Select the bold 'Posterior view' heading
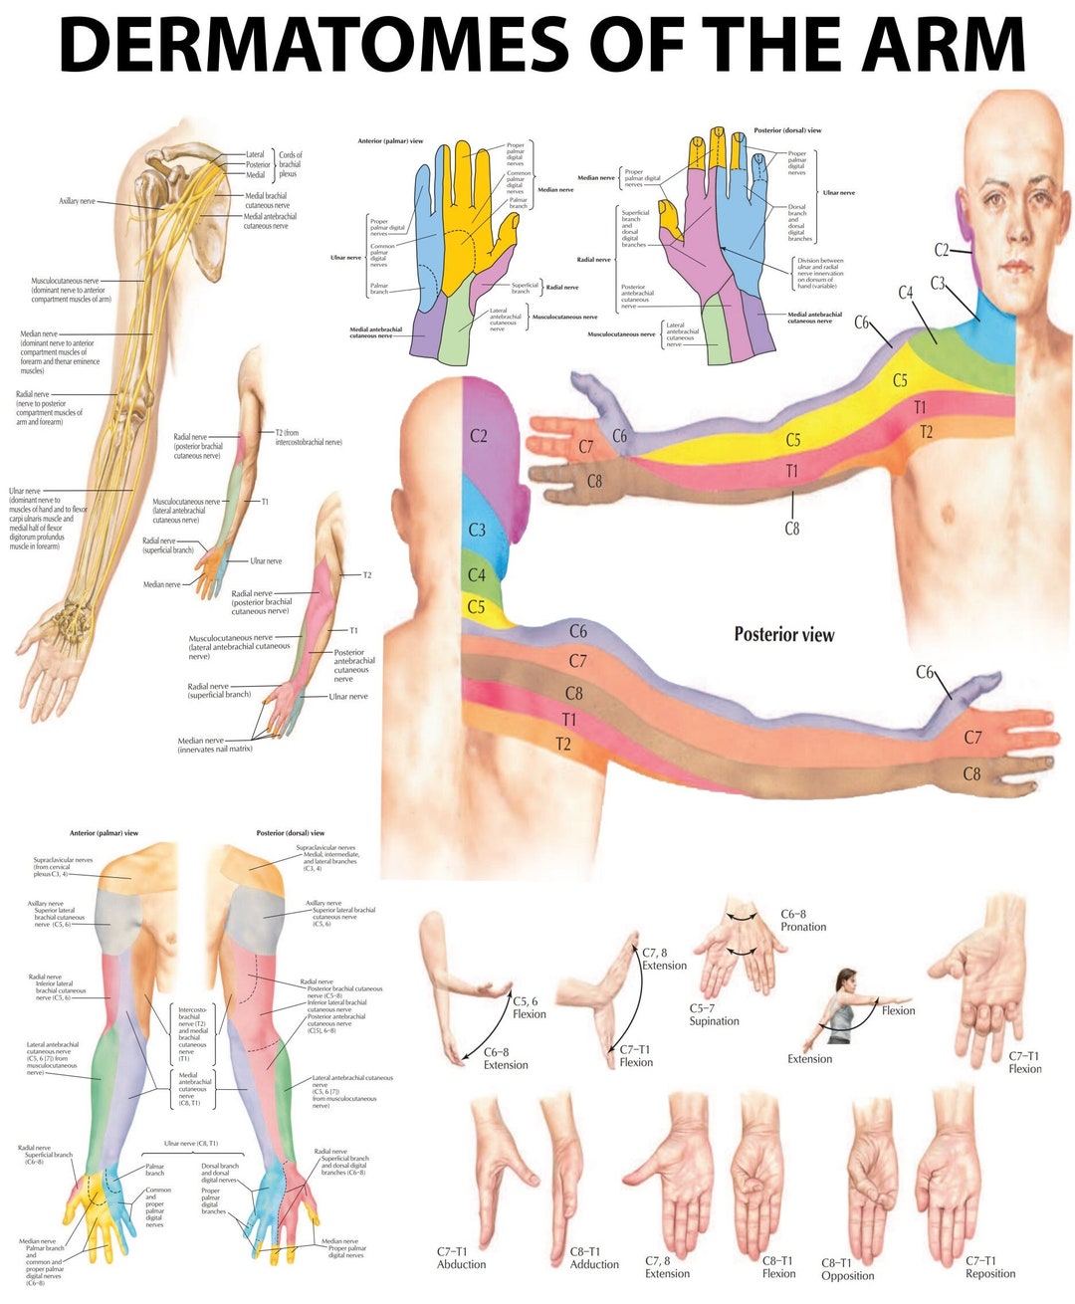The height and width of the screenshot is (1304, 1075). point(783,634)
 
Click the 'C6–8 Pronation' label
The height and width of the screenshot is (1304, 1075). point(802,920)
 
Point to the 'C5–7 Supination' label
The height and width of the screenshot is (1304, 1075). point(714,1014)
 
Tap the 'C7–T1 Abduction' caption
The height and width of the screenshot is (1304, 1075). point(461,1257)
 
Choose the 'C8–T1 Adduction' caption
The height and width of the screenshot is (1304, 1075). point(593,1257)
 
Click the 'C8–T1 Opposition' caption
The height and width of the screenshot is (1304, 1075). point(847,1268)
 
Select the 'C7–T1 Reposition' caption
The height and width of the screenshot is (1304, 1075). point(989,1266)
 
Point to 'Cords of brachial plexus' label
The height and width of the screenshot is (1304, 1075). point(290,164)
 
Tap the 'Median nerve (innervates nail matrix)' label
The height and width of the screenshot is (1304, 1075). point(214,745)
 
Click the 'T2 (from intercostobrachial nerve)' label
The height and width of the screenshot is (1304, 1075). point(308,437)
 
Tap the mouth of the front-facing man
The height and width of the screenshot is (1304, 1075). point(1014,267)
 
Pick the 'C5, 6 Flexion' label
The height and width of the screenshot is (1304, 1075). point(529,1007)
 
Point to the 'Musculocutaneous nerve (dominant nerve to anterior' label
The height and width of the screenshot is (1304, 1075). point(70,290)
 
